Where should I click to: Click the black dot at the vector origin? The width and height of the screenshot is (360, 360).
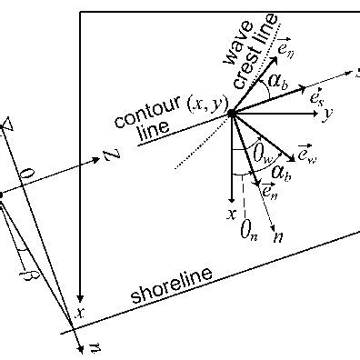(x=232, y=113)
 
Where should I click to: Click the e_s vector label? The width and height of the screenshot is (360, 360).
(x=319, y=96)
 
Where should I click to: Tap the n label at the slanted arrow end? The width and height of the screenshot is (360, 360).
(x=278, y=236)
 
